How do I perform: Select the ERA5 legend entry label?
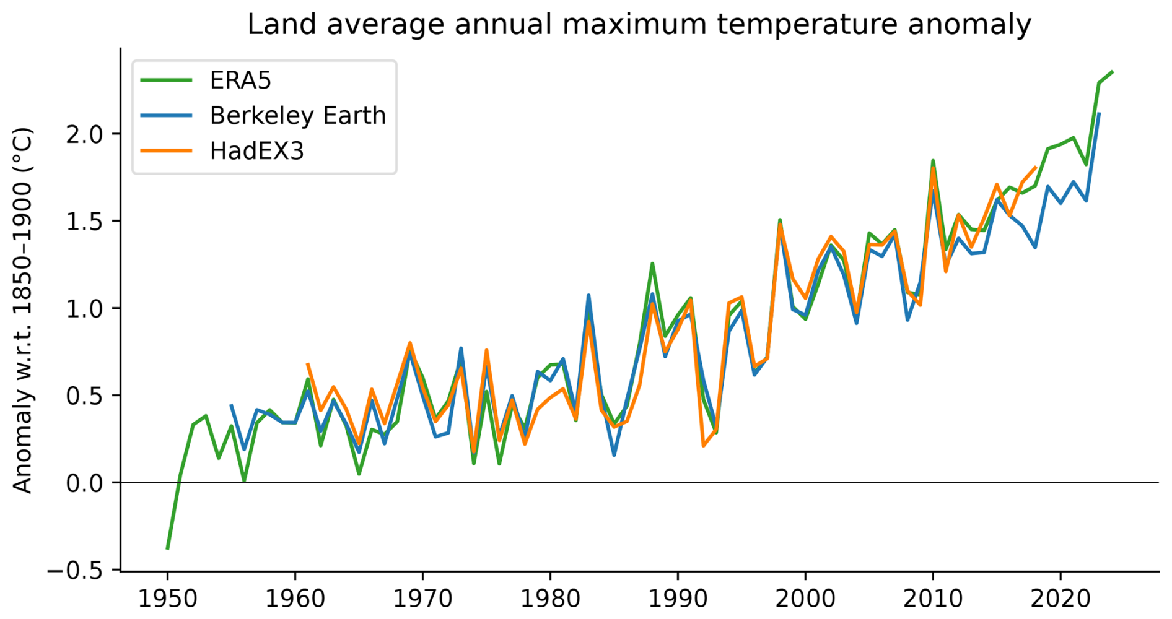pyautogui.click(x=240, y=80)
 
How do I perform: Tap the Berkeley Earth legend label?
pyautogui.click(x=297, y=116)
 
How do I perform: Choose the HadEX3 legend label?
pyautogui.click(x=256, y=151)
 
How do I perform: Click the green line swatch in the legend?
pyautogui.click(x=166, y=80)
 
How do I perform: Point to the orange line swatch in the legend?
pyautogui.click(x=166, y=151)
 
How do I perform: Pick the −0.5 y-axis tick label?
pyautogui.click(x=76, y=570)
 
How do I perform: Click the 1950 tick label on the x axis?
pyautogui.click(x=167, y=599)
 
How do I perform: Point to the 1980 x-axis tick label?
pyautogui.click(x=550, y=599)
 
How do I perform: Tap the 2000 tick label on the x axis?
pyautogui.click(x=805, y=599)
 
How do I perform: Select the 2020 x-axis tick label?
pyautogui.click(x=1060, y=599)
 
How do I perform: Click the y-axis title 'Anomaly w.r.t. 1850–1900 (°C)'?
pyautogui.click(x=22, y=309)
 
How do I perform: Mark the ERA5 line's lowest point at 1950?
pyautogui.click(x=167, y=548)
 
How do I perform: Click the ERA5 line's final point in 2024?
pyautogui.click(x=1113, y=72)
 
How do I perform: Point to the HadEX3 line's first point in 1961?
pyautogui.click(x=307, y=364)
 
